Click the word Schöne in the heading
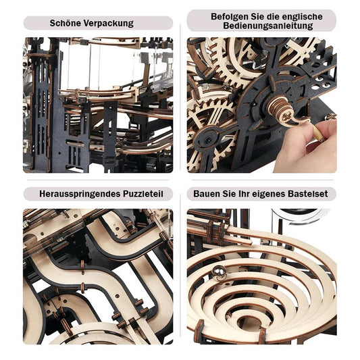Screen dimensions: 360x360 pos(65,23)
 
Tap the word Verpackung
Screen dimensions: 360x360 pos(108,24)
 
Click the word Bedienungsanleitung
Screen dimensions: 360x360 pos(268,26)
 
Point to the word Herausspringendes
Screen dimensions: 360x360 pos(80,194)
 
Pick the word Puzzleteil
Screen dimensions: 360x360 pos(143,194)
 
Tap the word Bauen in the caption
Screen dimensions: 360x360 pos(207,194)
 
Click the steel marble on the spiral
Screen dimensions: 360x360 pos(220,272)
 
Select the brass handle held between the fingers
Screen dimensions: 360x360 pos(318,134)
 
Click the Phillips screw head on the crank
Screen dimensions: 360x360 pos(288,117)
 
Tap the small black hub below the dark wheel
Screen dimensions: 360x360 pos(208,140)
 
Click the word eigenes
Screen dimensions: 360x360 pos(268,194)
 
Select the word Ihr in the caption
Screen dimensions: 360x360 pos(244,194)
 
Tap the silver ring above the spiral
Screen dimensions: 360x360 pos(299,217)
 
